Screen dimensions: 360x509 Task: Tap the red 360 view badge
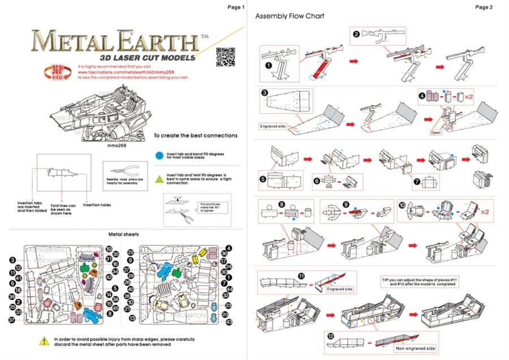pos(58,73)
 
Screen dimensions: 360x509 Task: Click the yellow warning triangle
pos(44,341)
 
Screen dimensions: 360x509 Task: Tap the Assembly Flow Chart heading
pos(290,16)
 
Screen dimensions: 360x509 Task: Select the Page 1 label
pos(235,7)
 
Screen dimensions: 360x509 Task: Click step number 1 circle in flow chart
pos(269,65)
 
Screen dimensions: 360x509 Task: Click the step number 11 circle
pos(301,276)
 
